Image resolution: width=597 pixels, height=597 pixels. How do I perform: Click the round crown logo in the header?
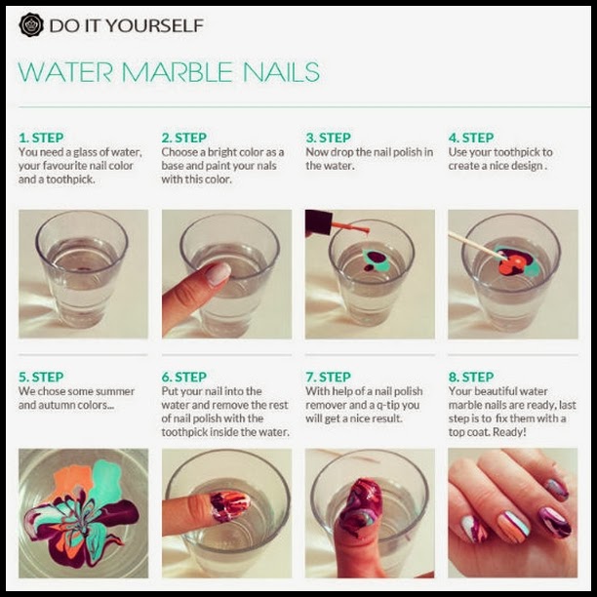point(31,25)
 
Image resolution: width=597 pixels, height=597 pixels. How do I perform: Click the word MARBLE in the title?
point(177,72)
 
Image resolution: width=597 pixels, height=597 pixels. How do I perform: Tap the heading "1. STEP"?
point(41,138)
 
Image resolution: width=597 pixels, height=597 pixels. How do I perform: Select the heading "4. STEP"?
point(471,138)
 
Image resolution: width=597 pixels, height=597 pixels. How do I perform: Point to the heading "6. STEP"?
point(184,377)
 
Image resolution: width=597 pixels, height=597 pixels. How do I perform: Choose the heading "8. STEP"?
point(471,377)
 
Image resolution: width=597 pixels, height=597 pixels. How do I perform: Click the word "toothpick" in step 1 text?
point(70,179)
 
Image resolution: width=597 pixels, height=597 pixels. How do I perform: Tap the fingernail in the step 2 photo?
point(219,274)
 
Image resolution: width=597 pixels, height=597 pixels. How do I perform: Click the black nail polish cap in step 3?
point(318,222)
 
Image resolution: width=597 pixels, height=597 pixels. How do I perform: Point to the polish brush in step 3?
point(350,228)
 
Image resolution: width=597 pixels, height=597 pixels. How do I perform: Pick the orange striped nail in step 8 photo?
point(512,526)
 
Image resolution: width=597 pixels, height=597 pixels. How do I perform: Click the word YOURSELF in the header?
point(154,25)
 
